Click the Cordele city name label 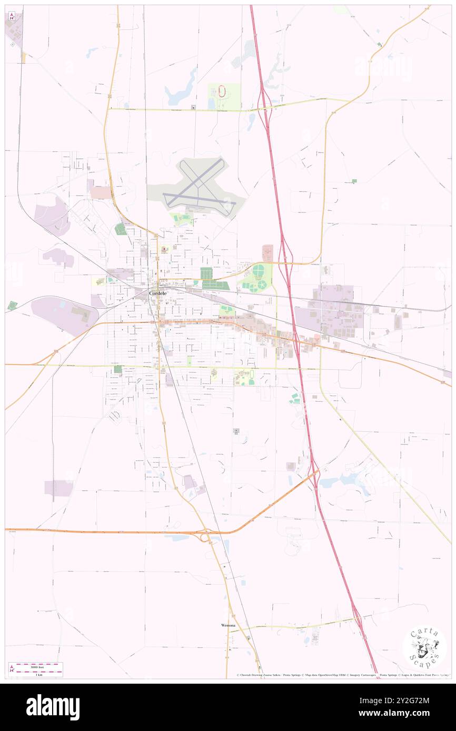[x=160, y=293]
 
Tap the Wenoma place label [x=228, y=625]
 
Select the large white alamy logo [x=53, y=707]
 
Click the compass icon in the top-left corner [x=12, y=16]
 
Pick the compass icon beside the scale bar [x=12, y=669]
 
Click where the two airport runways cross [x=199, y=186]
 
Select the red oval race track [x=222, y=92]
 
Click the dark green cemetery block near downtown [x=206, y=273]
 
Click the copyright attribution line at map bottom [x=342, y=675]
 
